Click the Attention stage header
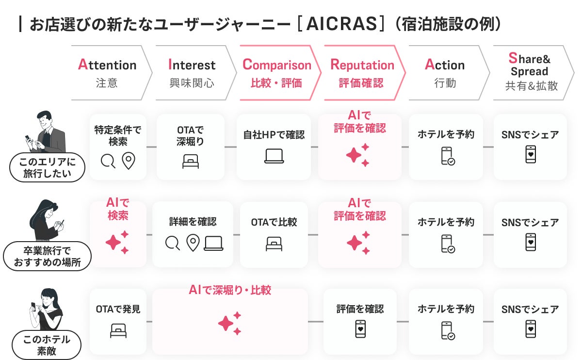pyautogui.click(x=111, y=73)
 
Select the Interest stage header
pyautogui.click(x=195, y=73)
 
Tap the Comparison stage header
pyautogui.click(x=280, y=73)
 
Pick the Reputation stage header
pyautogui.click(x=365, y=73)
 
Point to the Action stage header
pyautogui.click(x=449, y=73)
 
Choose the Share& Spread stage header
pyautogui.click(x=533, y=73)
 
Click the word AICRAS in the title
pyautogui.click(x=341, y=24)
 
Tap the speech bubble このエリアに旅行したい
pyautogui.click(x=48, y=167)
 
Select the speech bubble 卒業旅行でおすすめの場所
pyautogui.click(x=48, y=256)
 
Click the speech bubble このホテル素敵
pyautogui.click(x=47, y=345)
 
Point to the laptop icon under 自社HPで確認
pyautogui.click(x=274, y=156)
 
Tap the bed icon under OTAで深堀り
pyautogui.click(x=191, y=162)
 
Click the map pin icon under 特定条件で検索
pyautogui.click(x=129, y=161)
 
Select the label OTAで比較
pyautogui.click(x=274, y=222)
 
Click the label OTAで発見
pyautogui.click(x=118, y=309)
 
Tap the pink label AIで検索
pyautogui.click(x=118, y=209)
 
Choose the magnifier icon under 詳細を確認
pyautogui.click(x=172, y=243)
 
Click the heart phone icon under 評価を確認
pyautogui.click(x=360, y=329)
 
